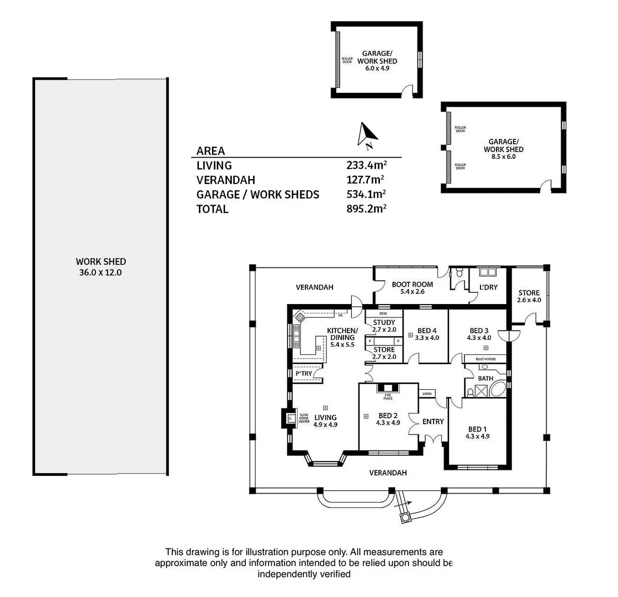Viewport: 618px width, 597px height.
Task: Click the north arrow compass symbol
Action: coord(367,135)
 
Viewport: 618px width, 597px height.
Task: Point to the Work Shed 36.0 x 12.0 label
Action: coord(101,266)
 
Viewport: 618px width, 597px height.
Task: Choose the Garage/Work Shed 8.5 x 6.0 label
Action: coord(503,149)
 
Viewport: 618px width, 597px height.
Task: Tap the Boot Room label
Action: coord(412,288)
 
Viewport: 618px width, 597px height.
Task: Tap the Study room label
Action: coord(383,326)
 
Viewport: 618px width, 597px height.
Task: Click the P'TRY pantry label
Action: coord(304,374)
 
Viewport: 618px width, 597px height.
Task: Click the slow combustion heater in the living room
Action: coord(289,418)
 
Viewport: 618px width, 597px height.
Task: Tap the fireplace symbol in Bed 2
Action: coord(388,389)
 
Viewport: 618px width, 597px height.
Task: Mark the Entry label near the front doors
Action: coord(432,422)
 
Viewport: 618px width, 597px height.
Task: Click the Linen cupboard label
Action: coord(426,394)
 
